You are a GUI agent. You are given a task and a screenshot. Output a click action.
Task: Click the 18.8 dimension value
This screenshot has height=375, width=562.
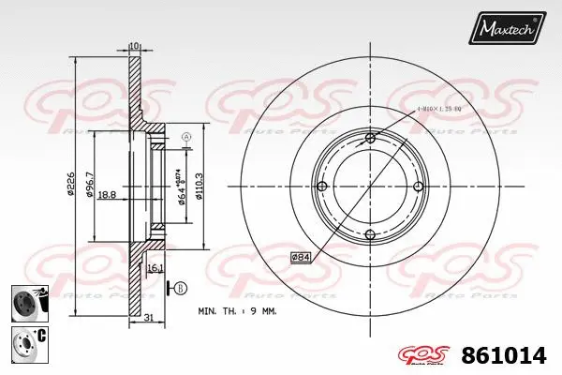(x=107, y=194)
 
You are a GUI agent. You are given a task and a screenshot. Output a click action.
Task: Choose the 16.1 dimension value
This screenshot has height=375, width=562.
(x=155, y=267)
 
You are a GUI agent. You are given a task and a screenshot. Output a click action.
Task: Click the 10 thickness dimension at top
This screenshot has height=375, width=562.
(x=134, y=44)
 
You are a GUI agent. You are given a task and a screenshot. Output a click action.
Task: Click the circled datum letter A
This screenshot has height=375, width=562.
(x=185, y=138)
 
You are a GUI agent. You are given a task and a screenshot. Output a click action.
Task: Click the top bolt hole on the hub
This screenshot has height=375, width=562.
(x=370, y=140)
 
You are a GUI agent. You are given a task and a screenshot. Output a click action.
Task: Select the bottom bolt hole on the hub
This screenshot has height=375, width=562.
(x=370, y=234)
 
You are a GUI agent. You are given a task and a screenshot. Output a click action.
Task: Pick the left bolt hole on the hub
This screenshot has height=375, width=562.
(x=323, y=187)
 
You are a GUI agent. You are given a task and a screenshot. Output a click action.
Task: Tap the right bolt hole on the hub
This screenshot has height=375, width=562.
(x=418, y=187)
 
